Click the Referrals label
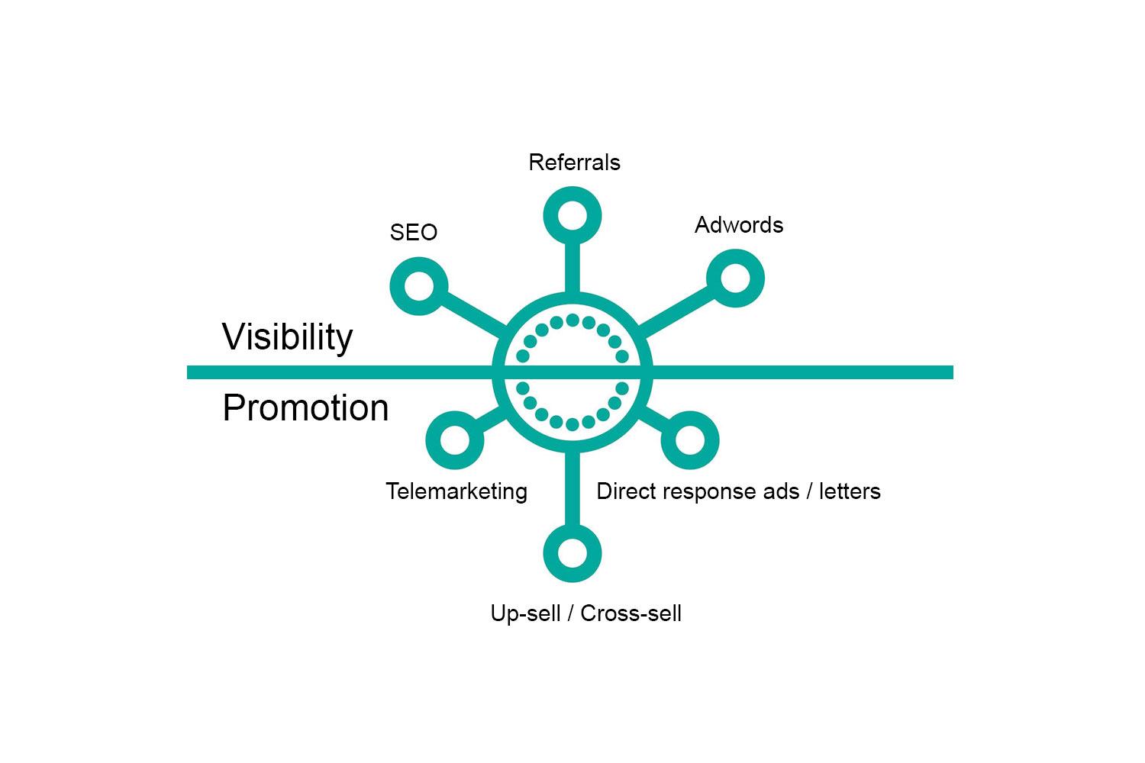point(574,163)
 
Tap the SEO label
point(413,232)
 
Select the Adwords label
point(738,225)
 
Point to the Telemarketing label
point(456,491)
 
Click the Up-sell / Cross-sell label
point(585,613)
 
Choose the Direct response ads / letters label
point(738,491)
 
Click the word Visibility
point(287,336)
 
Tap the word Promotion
point(305,408)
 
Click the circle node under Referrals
point(572,216)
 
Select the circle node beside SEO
point(419,287)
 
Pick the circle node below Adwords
point(735,278)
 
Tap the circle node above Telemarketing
point(454,440)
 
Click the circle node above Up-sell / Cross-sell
point(572,553)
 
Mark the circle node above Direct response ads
point(689,440)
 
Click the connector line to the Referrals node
point(572,267)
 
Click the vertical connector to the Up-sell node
point(572,488)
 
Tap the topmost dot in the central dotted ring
point(572,320)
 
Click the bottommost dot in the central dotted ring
point(572,424)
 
